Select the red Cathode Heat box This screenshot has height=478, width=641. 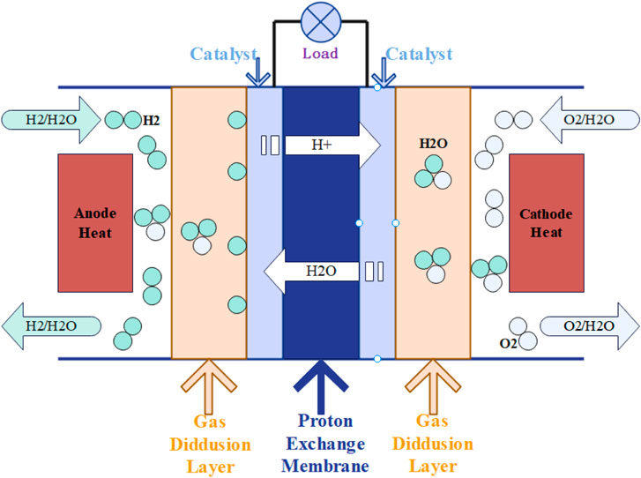(x=547, y=222)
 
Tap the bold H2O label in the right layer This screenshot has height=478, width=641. (x=433, y=143)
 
